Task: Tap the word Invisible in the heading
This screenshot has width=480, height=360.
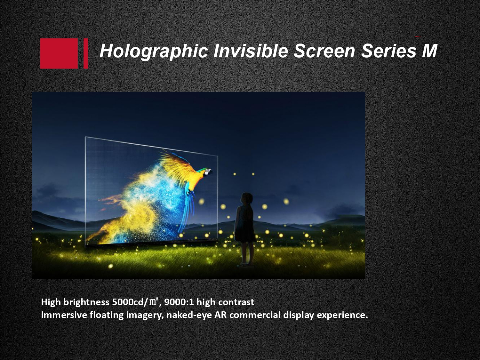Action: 250,51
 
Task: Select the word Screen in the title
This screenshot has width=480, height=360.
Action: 324,51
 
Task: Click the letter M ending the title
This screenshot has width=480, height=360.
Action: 429,51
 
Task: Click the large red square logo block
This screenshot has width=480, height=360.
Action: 59,53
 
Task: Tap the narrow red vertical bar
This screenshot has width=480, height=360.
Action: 86,53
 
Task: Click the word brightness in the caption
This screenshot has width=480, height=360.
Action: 86,302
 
